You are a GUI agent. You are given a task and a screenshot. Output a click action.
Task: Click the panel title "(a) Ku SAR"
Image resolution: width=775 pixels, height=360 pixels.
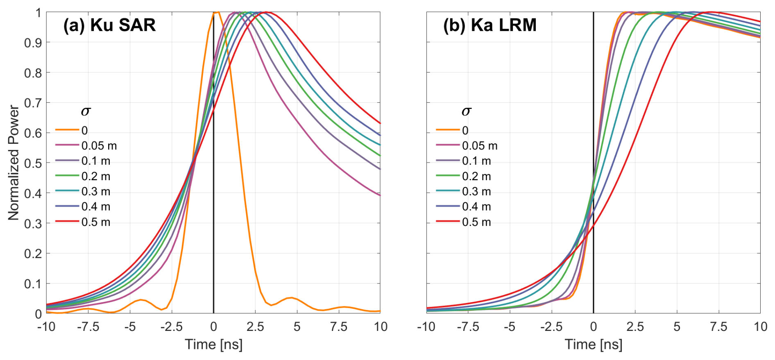(109, 25)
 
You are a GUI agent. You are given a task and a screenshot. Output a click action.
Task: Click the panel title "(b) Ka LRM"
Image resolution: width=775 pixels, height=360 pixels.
(489, 25)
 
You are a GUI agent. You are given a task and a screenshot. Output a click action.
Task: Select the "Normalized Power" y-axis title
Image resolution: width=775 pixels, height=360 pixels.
(14, 163)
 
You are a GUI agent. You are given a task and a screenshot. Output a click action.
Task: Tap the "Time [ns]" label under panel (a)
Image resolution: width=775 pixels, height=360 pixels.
(213, 344)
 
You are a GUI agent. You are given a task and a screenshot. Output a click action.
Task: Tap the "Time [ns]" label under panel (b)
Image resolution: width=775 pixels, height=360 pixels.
(594, 344)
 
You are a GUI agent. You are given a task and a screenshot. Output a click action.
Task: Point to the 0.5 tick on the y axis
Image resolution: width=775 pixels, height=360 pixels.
(32, 163)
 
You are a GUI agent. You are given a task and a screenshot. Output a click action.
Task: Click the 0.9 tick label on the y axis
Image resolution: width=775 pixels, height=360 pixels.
(32, 43)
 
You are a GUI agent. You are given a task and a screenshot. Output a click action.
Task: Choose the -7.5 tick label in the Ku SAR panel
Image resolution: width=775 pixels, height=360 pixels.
(88, 327)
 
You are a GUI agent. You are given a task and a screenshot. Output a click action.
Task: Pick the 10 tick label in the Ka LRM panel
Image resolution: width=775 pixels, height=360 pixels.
(760, 327)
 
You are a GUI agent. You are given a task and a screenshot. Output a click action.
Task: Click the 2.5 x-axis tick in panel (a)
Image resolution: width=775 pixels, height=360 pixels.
(255, 327)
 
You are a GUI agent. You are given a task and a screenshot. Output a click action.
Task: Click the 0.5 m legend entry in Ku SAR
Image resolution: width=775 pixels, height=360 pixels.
(95, 222)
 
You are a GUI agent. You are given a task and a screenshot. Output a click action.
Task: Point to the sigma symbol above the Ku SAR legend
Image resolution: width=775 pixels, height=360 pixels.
(85, 111)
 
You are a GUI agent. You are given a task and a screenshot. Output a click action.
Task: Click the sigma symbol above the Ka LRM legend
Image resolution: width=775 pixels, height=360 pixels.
(466, 111)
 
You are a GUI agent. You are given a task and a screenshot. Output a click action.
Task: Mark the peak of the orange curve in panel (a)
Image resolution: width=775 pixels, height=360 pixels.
(217, 13)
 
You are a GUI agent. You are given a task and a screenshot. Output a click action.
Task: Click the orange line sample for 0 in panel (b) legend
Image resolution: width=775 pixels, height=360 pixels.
(448, 130)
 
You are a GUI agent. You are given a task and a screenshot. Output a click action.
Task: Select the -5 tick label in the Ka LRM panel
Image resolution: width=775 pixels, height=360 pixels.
(509, 327)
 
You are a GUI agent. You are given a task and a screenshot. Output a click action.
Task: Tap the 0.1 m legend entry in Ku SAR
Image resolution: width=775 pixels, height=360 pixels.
(95, 161)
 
